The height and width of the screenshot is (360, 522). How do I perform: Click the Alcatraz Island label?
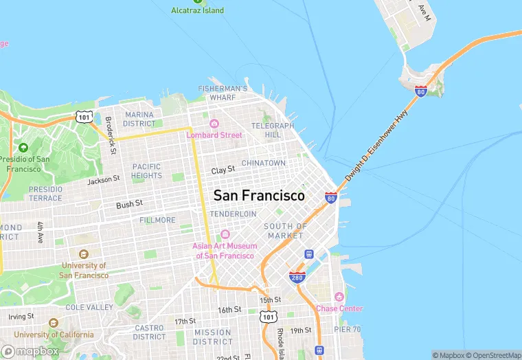[197, 10]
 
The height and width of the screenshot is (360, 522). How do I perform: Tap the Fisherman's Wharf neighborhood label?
[223, 93]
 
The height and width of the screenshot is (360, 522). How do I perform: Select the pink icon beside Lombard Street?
[214, 124]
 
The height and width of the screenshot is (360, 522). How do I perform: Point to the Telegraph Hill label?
[273, 130]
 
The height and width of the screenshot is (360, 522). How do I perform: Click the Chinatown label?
[263, 163]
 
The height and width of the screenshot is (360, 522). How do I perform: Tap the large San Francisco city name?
[259, 196]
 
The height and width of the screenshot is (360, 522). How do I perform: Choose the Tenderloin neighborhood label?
[233, 214]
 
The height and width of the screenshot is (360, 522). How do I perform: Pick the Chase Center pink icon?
[339, 297]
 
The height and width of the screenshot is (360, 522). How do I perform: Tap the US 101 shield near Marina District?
[84, 117]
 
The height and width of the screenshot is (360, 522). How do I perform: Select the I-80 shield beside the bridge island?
[421, 91]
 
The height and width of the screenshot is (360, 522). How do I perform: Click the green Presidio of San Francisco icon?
[23, 148]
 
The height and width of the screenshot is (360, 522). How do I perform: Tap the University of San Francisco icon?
[84, 254]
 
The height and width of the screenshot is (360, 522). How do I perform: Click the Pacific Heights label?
[147, 171]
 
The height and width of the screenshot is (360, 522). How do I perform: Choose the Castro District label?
[150, 333]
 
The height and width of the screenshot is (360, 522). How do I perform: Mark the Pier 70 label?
[347, 329]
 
